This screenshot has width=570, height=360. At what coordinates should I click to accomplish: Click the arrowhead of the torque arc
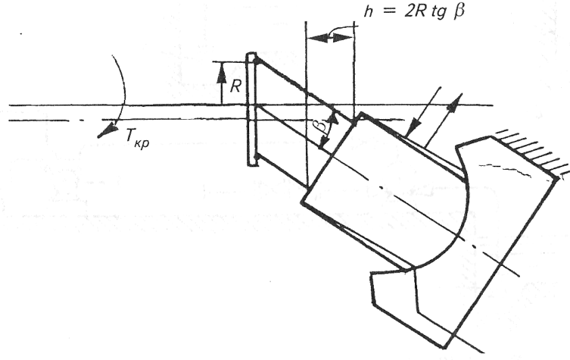click(x=102, y=132)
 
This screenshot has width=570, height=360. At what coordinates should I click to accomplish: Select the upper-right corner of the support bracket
click(x=560, y=178)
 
